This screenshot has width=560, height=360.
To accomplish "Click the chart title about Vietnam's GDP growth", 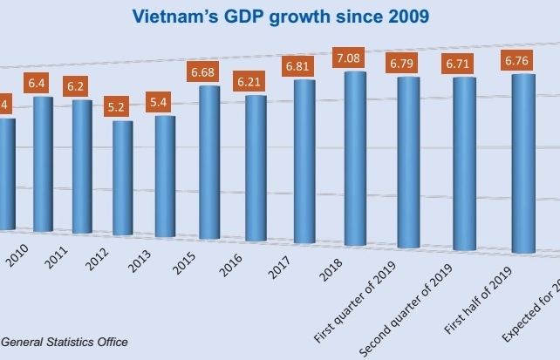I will click(280, 16).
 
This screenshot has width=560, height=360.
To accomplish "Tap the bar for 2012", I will click(123, 178).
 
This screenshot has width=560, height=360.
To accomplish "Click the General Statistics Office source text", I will click(65, 342).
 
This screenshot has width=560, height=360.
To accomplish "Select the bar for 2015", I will click(209, 162).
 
